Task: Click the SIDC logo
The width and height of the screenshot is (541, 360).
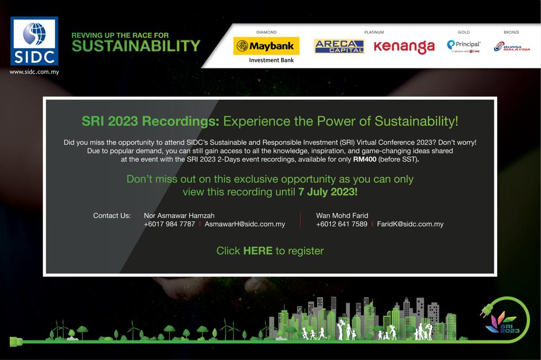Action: click(34, 41)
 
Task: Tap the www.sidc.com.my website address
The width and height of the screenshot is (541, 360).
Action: click(34, 72)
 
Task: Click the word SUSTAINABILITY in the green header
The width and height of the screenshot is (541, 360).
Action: click(136, 46)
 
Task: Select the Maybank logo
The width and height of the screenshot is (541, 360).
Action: click(266, 46)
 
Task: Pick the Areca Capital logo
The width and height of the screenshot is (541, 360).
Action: click(339, 46)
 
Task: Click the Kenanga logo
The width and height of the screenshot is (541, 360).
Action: click(404, 46)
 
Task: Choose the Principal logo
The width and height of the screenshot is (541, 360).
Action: click(463, 46)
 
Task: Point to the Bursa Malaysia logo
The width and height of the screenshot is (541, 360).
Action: click(511, 46)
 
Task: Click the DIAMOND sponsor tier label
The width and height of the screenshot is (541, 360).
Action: click(266, 32)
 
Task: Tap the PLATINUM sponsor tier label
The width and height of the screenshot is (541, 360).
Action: click(374, 32)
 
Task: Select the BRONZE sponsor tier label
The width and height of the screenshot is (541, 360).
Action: click(511, 32)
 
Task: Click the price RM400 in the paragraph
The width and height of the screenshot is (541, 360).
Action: click(365, 159)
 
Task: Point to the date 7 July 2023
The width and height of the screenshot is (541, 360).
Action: click(328, 192)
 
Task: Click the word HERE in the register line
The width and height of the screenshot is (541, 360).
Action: click(258, 251)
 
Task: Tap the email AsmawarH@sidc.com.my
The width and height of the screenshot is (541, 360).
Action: click(245, 224)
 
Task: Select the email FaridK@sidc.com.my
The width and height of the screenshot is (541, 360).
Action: click(410, 224)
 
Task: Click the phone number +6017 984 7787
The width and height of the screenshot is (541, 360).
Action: click(170, 224)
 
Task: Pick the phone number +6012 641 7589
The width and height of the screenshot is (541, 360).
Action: click(342, 224)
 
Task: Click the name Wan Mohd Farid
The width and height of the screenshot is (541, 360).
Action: click(342, 215)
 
